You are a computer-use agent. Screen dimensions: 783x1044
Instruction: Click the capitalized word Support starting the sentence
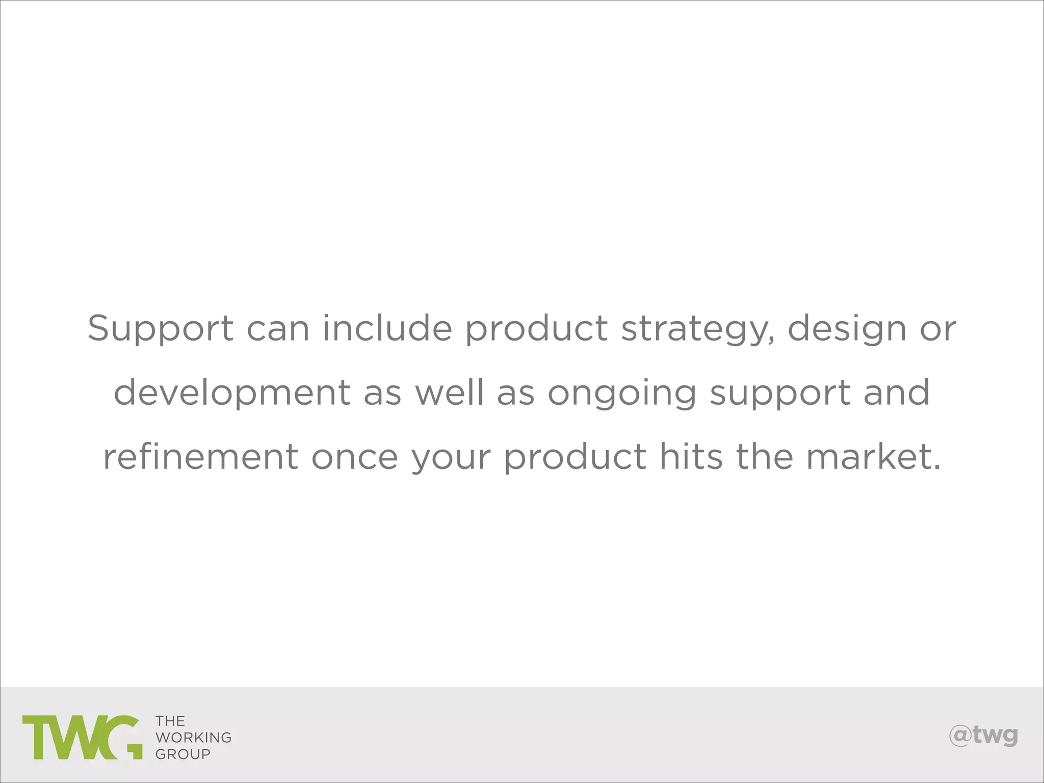pos(161,329)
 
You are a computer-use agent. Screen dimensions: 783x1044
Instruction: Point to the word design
pos(847,329)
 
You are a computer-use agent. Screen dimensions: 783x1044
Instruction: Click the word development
pos(232,394)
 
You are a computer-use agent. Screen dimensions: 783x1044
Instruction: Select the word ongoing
pos(622,394)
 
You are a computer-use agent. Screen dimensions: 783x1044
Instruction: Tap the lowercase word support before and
pos(780,394)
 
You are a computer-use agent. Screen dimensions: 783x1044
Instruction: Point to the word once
pos(355,457)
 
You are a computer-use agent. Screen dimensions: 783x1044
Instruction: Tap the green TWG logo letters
pos(82,737)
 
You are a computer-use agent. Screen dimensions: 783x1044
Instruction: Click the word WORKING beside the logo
pos(193,738)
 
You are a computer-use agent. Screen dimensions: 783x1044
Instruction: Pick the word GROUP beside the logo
pos(182,754)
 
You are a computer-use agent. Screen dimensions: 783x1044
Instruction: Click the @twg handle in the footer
pos(983,736)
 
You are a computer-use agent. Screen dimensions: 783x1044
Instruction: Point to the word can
pos(278,329)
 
